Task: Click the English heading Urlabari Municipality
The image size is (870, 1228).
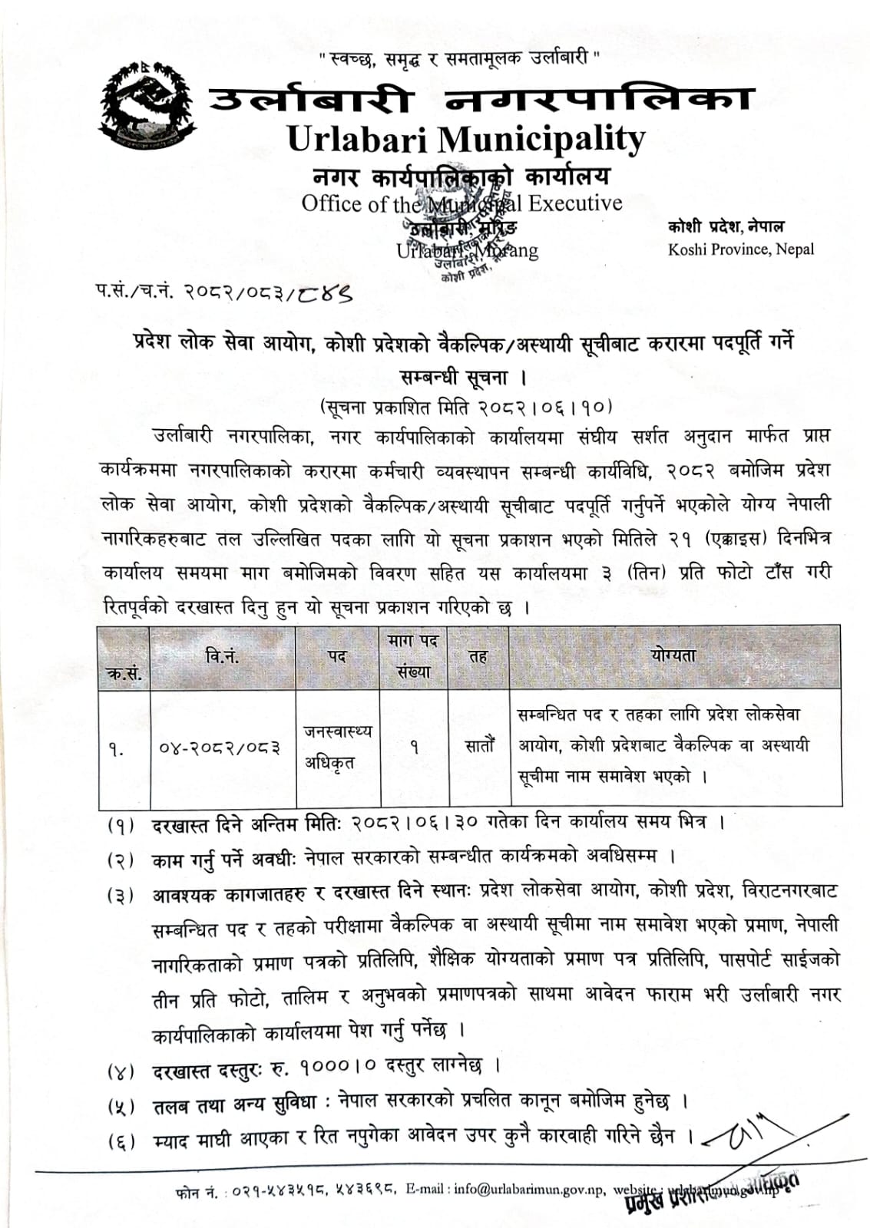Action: (x=465, y=139)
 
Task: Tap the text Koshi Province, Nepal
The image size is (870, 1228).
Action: (x=740, y=249)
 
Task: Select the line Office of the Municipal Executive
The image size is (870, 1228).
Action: (x=461, y=203)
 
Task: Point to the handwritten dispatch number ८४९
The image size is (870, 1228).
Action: (x=326, y=292)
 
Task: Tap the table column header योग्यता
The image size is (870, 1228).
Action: (x=673, y=655)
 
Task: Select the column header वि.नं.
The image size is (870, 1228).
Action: (x=222, y=656)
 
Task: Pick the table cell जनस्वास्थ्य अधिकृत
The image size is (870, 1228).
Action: (x=337, y=748)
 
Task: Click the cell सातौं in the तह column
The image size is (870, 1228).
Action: (x=479, y=745)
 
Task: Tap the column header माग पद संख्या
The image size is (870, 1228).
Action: (x=413, y=657)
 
